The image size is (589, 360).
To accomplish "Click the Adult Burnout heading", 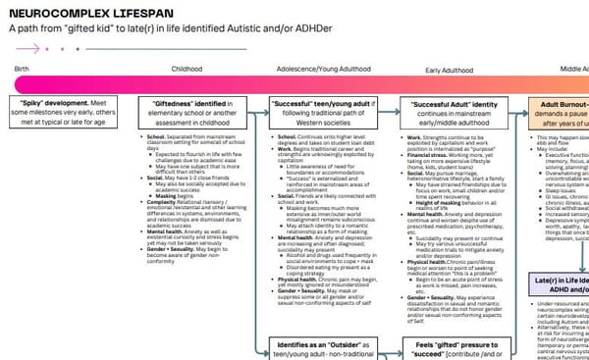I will (554, 102).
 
